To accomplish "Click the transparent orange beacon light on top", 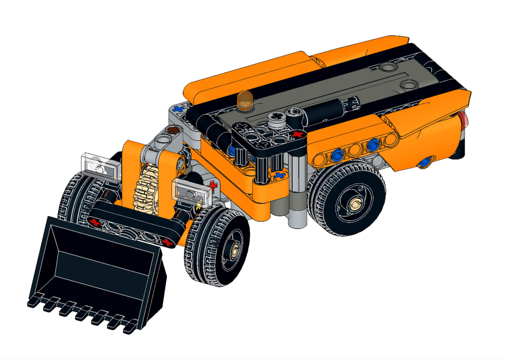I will (245, 100).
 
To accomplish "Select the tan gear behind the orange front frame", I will (147, 188).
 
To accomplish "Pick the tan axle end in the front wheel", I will (235, 249).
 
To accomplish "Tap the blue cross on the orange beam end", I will (279, 175).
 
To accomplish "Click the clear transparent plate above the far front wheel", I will (99, 164).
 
